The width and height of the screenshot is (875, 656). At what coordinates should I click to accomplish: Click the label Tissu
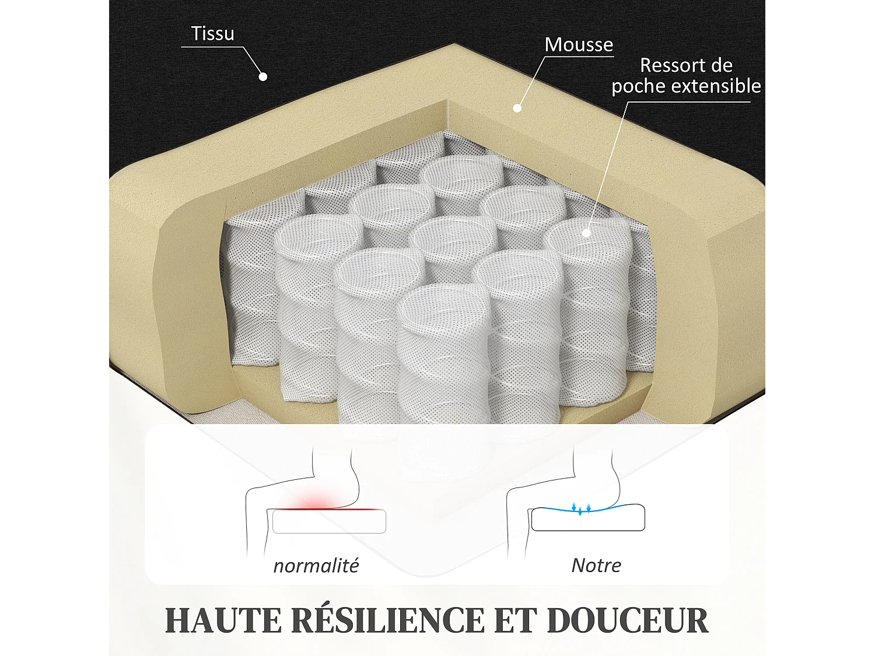click(213, 34)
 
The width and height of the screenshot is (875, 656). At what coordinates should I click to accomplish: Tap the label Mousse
click(579, 45)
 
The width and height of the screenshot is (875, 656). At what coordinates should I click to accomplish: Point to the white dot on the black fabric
click(263, 76)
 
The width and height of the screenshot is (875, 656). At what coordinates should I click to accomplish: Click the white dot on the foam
click(517, 108)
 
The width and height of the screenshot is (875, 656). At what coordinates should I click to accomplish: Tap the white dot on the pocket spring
click(587, 233)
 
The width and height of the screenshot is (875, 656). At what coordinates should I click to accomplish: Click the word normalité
click(316, 566)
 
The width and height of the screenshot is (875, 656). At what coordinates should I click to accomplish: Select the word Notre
click(596, 566)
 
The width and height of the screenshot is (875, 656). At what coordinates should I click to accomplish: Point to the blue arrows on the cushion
click(581, 508)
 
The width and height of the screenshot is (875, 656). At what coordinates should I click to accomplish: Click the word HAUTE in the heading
click(223, 620)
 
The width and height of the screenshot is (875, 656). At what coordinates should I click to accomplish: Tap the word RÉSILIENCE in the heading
click(388, 620)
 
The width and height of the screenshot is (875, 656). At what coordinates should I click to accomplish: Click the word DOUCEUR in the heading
click(628, 620)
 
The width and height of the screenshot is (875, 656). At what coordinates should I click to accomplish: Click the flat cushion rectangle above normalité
click(329, 522)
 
